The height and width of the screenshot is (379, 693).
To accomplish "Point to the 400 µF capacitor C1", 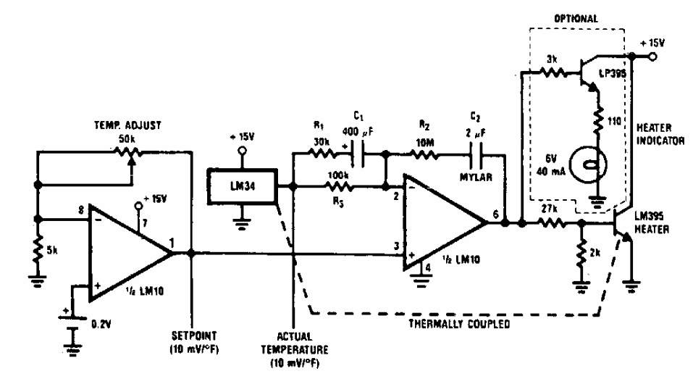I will tap(360, 153).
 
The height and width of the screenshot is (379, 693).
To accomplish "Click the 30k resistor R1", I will tap(320, 153).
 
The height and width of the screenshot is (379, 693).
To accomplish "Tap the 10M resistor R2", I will tap(421, 153).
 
